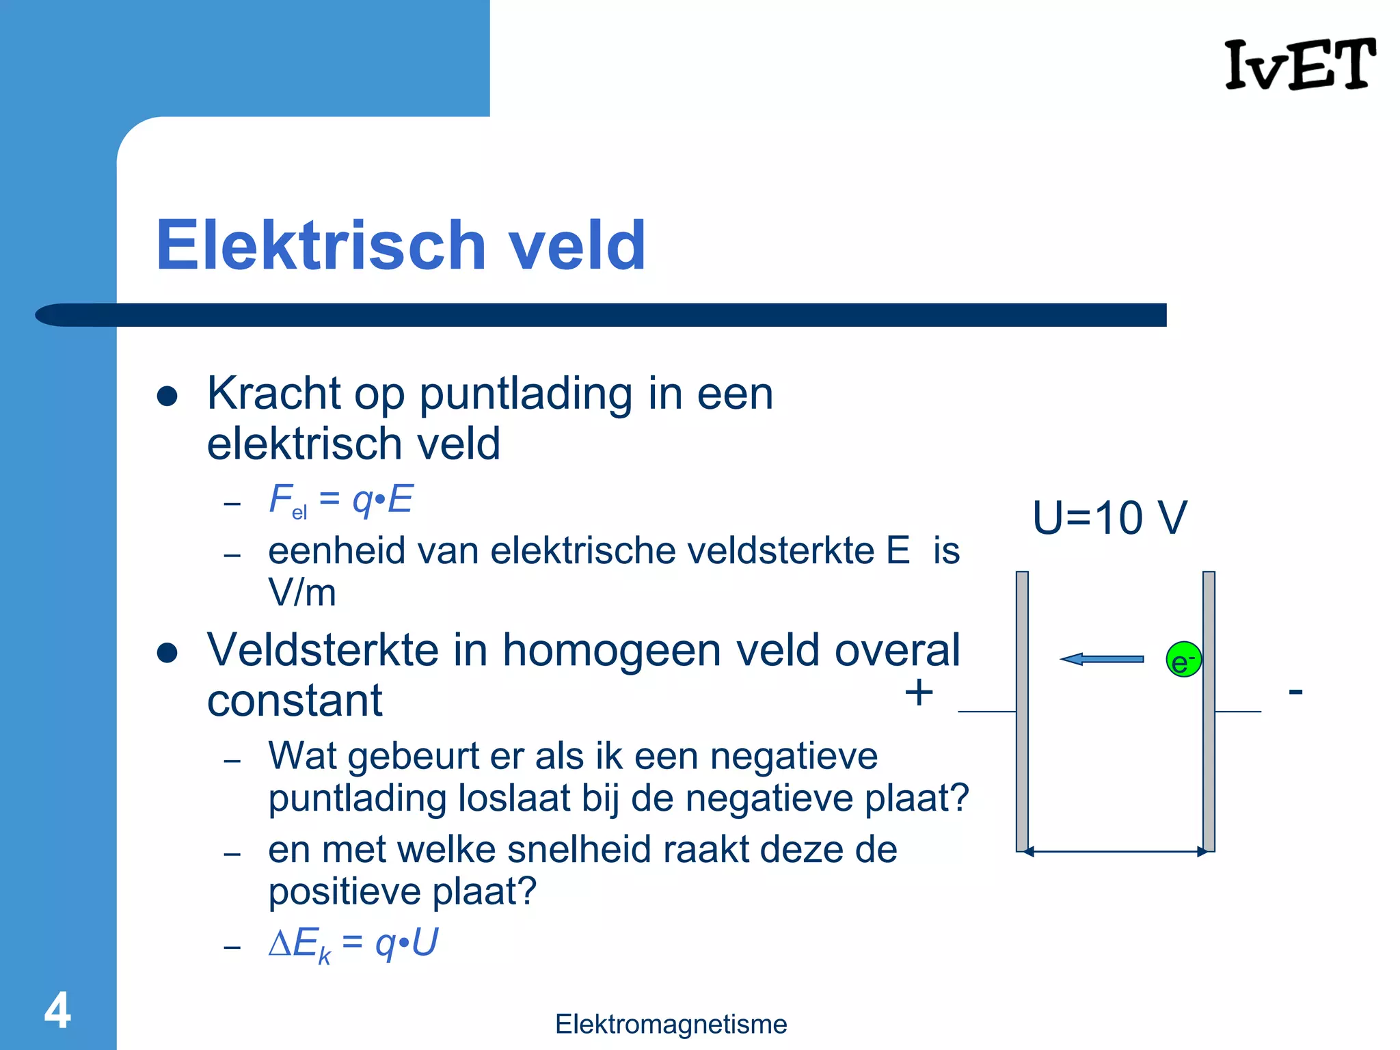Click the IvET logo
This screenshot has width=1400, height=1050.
(1300, 64)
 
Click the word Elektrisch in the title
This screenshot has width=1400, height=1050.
(321, 245)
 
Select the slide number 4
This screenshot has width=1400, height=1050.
(57, 1010)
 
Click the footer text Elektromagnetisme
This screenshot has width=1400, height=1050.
(671, 1024)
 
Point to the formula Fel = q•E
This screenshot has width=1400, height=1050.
(340, 500)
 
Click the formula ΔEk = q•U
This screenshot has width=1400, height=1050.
(353, 944)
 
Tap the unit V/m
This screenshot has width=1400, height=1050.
(302, 592)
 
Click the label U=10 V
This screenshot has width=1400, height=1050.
(1109, 517)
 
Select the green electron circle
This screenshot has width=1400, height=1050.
(1183, 660)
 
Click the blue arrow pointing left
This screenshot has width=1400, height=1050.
(1101, 659)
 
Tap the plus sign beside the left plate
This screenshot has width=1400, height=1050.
(919, 692)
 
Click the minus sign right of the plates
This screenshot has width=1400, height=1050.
(1295, 692)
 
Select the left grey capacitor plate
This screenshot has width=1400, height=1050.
(1022, 711)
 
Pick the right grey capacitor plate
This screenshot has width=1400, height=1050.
(1209, 711)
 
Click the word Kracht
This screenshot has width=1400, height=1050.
(273, 394)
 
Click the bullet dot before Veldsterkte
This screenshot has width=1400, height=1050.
(167, 652)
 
